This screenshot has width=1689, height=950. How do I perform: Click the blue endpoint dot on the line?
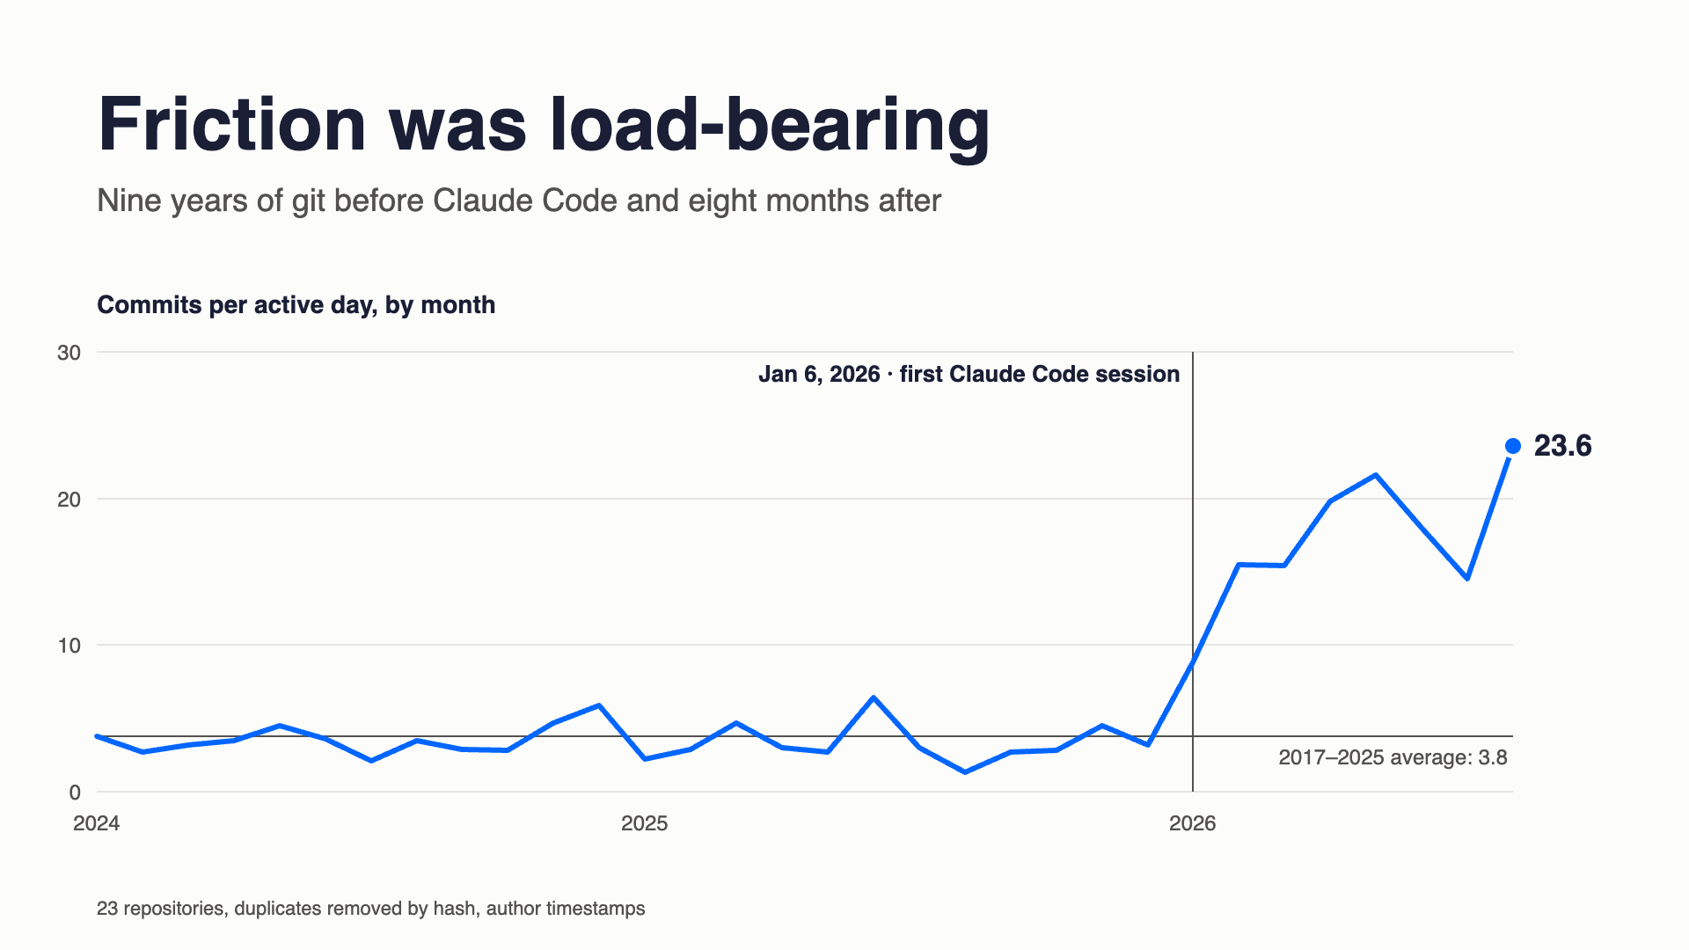point(1513,446)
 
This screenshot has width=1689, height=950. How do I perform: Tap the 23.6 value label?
point(1562,446)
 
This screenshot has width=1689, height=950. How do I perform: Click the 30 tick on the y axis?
point(69,353)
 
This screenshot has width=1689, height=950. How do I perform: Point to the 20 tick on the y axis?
point(69,500)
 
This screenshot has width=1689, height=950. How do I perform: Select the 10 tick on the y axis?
point(69,646)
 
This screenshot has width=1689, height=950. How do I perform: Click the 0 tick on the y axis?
point(75,793)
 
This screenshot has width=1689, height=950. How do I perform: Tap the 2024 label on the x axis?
point(97,823)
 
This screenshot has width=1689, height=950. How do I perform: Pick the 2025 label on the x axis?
point(644,823)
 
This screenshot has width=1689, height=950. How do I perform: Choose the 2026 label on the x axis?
point(1192,823)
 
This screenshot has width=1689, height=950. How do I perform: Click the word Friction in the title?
point(231,124)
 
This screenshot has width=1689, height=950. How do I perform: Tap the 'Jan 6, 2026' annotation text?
point(819,375)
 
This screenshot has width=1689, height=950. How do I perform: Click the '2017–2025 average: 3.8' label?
point(1393,757)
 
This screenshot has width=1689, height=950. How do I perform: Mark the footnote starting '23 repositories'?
point(370,909)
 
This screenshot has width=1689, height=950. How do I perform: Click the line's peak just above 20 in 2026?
point(1376,475)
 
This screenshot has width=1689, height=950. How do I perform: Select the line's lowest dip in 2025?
point(965,772)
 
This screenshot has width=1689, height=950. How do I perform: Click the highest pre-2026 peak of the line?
point(873,698)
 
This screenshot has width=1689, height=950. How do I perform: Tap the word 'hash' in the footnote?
point(454,908)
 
